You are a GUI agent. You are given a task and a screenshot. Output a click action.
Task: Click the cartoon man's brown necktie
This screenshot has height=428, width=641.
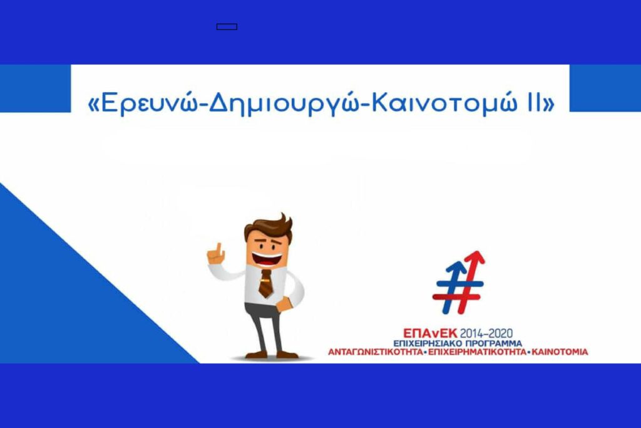[x=266, y=283]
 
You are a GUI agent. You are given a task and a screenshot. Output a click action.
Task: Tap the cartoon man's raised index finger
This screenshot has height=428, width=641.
[x=219, y=249]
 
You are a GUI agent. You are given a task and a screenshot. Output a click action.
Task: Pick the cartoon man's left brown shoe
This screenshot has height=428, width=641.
[x=256, y=354]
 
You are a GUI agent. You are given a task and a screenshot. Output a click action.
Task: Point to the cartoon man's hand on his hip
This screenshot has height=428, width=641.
[x=284, y=305]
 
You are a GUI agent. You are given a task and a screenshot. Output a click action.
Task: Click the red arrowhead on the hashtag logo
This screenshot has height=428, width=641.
[x=474, y=258]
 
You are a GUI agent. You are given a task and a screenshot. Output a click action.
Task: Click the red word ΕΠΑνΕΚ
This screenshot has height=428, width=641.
[x=430, y=333]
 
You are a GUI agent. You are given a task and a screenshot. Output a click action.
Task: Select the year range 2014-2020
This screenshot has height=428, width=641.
[x=486, y=333]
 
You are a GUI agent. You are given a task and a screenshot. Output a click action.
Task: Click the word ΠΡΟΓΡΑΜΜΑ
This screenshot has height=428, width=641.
[x=494, y=343]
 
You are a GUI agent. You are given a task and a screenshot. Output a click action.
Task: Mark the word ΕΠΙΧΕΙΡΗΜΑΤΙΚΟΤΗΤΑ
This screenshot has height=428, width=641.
[x=477, y=352]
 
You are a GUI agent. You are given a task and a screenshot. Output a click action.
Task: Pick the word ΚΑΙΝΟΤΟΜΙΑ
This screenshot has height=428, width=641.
[x=560, y=352]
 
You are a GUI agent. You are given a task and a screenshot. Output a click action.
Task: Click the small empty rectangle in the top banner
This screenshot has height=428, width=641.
[x=227, y=27]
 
